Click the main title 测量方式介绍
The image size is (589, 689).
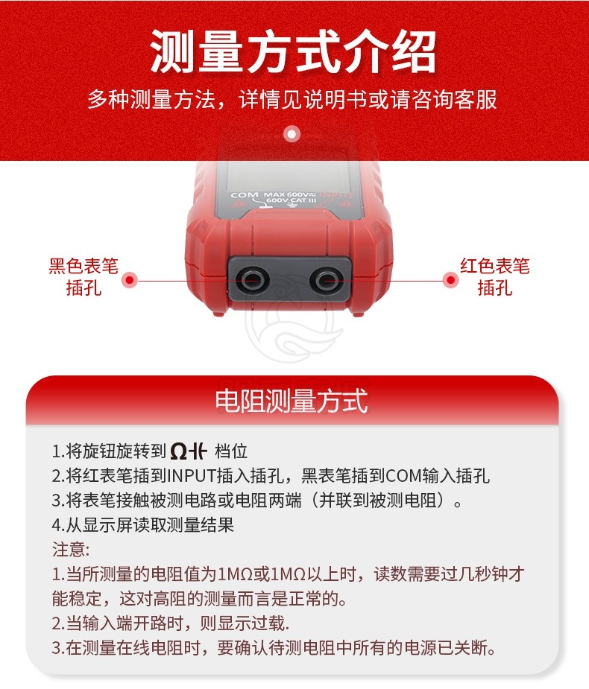tap(293, 52)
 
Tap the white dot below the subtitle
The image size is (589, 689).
tap(292, 133)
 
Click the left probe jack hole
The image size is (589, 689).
tap(251, 280)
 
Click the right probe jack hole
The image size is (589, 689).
tap(324, 280)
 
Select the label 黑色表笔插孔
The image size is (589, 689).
tap(84, 277)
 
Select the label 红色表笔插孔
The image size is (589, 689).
tap(495, 277)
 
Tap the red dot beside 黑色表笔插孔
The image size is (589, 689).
tap(130, 280)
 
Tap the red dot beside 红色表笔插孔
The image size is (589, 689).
tap(450, 280)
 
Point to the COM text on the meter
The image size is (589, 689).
tap(245, 194)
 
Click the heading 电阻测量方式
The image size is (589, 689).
tap(292, 401)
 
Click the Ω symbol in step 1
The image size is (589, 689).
tap(179, 451)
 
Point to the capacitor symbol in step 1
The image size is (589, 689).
tap(199, 451)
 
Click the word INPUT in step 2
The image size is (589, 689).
tap(192, 476)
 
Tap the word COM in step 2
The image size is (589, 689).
tap(403, 476)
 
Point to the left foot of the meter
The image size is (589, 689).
tap(218, 312)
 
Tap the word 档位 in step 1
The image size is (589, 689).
tap(231, 451)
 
